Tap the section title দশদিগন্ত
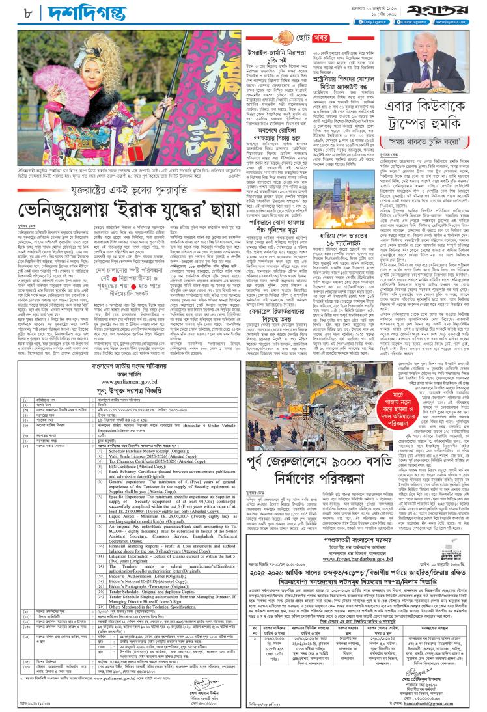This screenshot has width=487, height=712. point(53,11)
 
